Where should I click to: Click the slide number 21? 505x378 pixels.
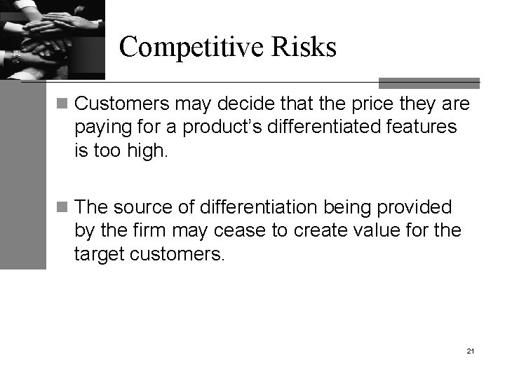469,349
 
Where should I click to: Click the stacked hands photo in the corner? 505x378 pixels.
52,38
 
